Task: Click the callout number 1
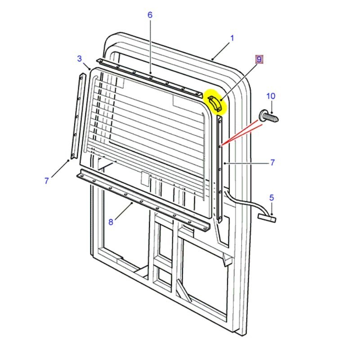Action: tap(232, 38)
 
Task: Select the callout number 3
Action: tap(80, 58)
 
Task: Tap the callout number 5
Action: tap(272, 198)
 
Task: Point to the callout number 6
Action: tap(150, 15)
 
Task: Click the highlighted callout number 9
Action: tap(259, 59)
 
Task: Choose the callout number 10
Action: tap(271, 96)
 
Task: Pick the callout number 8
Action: tap(111, 222)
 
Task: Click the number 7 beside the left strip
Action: tap(47, 181)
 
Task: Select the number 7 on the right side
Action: tap(272, 162)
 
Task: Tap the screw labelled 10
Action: tap(269, 117)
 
